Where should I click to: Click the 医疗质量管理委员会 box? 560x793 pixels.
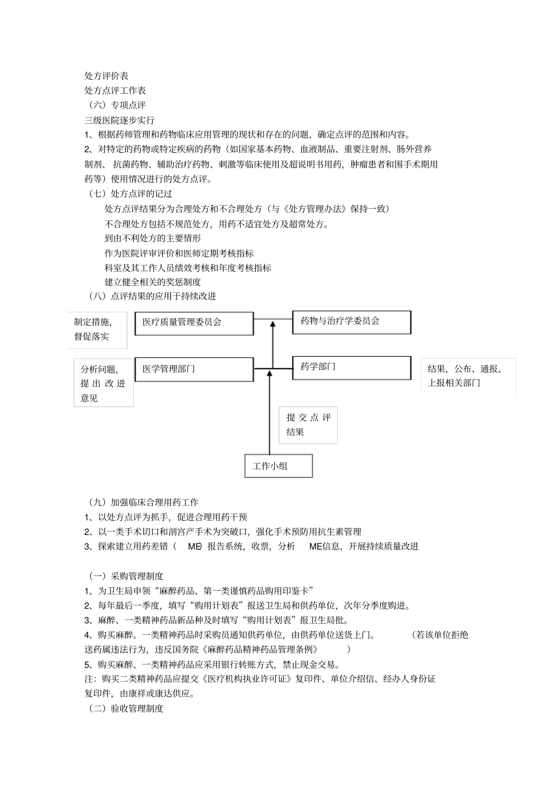tap(194, 323)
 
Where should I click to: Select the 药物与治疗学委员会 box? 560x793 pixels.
tap(351, 322)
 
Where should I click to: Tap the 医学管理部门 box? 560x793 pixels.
tap(194, 369)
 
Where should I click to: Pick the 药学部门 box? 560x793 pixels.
tap(351, 367)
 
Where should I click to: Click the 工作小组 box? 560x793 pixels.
tap(278, 466)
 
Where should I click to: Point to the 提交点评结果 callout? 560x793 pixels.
tap(308, 425)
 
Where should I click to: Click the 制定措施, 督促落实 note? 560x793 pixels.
tap(97, 330)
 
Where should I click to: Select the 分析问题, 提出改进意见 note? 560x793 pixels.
tap(103, 383)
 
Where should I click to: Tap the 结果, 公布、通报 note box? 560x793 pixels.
tap(468, 376)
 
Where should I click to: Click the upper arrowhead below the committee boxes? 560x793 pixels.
tap(273, 323)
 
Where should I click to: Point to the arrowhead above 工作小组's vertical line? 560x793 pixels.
tap(269, 373)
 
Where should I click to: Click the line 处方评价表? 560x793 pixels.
tap(106, 76)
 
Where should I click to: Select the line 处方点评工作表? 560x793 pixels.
tap(115, 91)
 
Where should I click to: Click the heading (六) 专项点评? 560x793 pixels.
tap(116, 106)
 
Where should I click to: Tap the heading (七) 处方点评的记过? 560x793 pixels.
tap(130, 193)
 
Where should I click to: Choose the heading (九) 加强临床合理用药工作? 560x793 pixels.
tap(143, 502)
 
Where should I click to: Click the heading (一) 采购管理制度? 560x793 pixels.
tap(125, 576)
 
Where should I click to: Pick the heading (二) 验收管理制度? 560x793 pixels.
tap(125, 709)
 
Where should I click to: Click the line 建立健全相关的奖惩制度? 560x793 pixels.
tap(153, 282)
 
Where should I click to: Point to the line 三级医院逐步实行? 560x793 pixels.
tap(119, 120)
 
